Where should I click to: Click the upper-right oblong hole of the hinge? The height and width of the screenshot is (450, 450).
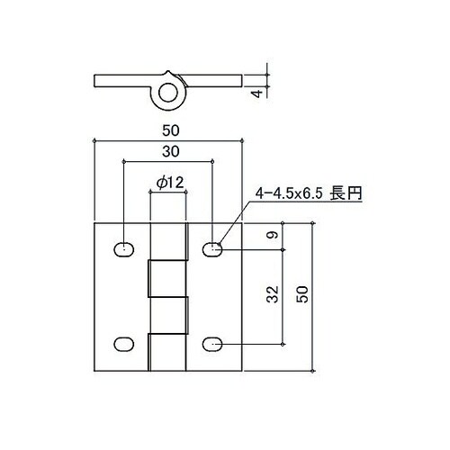212,248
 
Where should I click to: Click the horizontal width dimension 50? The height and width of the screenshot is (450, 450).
169,131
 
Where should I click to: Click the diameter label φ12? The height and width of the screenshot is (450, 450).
169,183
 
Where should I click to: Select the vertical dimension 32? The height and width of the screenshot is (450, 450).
274,296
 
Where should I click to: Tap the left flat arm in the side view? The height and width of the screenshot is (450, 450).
122,81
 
